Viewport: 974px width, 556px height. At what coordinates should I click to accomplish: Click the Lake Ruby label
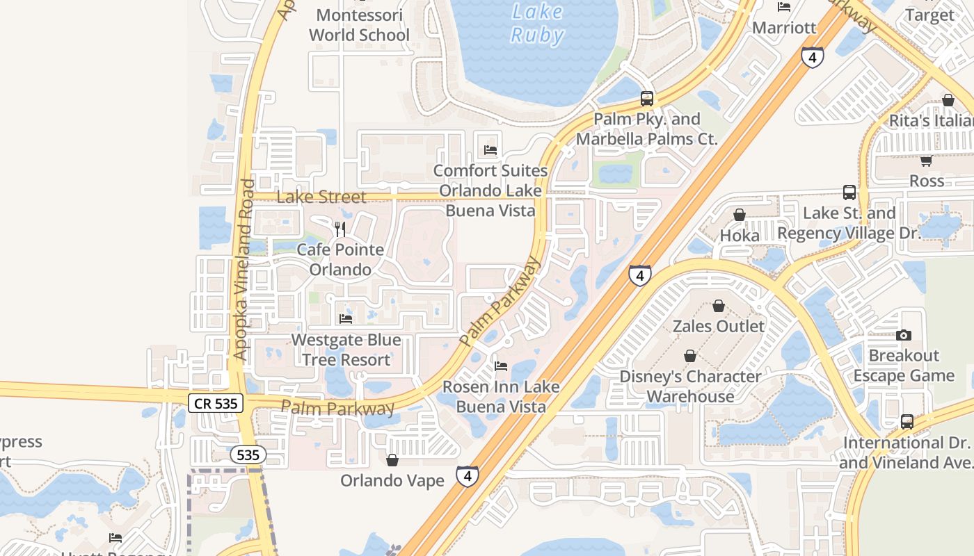pyautogui.click(x=536, y=23)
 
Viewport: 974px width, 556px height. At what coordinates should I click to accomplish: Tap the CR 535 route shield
pyautogui.click(x=216, y=402)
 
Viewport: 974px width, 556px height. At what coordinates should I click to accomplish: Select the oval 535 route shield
pyautogui.click(x=247, y=455)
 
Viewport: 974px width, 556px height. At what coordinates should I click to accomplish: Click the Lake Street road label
pyautogui.click(x=321, y=197)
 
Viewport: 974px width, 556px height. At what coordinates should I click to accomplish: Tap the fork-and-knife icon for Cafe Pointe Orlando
pyautogui.click(x=340, y=229)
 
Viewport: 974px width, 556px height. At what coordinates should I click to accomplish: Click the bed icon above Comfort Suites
pyautogui.click(x=490, y=149)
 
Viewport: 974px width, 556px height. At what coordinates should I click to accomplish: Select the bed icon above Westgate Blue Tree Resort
pyautogui.click(x=346, y=319)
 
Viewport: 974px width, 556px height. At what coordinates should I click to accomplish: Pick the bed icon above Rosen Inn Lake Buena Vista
pyautogui.click(x=500, y=366)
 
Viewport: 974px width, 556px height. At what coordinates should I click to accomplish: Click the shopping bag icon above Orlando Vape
pyautogui.click(x=392, y=460)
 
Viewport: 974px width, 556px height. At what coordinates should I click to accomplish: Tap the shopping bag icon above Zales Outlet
pyautogui.click(x=719, y=306)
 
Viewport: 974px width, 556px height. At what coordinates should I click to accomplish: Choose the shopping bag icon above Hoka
pyautogui.click(x=740, y=215)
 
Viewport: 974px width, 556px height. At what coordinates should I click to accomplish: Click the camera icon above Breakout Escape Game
pyautogui.click(x=904, y=335)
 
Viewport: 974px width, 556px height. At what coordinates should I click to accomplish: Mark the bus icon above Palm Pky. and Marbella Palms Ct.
pyautogui.click(x=647, y=99)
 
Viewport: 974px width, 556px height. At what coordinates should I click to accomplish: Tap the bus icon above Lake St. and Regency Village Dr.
pyautogui.click(x=849, y=193)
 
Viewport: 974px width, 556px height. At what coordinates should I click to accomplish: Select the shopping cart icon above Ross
pyautogui.click(x=926, y=161)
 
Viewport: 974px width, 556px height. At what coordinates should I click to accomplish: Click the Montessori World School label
pyautogui.click(x=359, y=25)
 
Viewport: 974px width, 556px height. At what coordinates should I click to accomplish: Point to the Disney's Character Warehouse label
pyautogui.click(x=690, y=386)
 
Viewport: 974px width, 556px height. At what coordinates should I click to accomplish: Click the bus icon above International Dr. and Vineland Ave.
pyautogui.click(x=907, y=421)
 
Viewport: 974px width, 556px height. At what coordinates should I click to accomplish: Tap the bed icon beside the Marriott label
pyautogui.click(x=784, y=7)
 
